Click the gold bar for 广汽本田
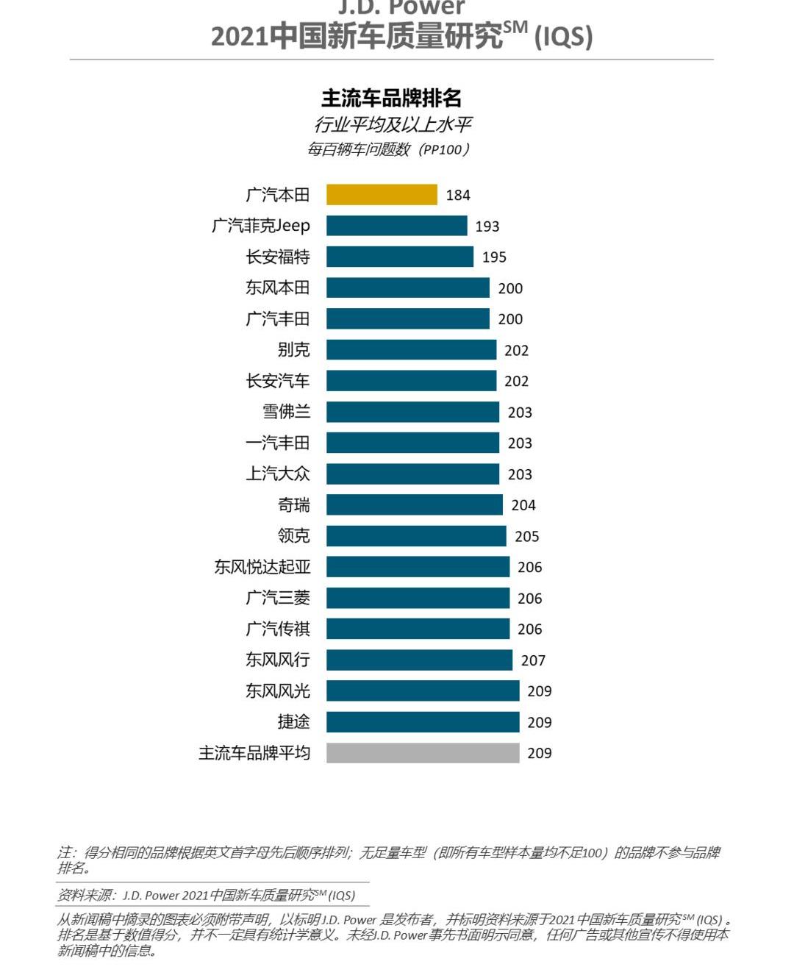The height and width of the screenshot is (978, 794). (382, 195)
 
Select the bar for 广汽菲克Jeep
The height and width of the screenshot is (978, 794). (396, 226)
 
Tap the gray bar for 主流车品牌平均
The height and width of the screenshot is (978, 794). (423, 753)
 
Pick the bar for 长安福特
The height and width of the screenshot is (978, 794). (400, 257)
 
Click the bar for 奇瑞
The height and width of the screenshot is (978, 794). (415, 505)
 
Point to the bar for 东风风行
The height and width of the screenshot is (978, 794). (419, 660)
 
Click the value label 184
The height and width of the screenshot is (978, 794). (458, 195)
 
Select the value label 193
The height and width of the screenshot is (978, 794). (487, 226)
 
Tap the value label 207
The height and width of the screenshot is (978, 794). (533, 660)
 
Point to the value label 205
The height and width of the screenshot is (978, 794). (526, 537)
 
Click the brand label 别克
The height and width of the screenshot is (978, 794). (294, 350)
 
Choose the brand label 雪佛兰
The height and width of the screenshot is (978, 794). (287, 412)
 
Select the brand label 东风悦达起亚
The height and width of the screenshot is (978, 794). (262, 567)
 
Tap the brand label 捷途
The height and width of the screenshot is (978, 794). (294, 722)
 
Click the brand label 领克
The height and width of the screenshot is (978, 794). (294, 536)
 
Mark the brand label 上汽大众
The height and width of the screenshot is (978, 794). (278, 474)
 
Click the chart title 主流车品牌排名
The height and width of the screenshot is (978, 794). (391, 99)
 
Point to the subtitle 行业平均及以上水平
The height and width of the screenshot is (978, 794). (393, 124)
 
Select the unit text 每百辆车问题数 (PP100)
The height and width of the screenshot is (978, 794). (388, 149)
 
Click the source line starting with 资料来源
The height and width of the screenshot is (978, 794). (207, 895)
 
